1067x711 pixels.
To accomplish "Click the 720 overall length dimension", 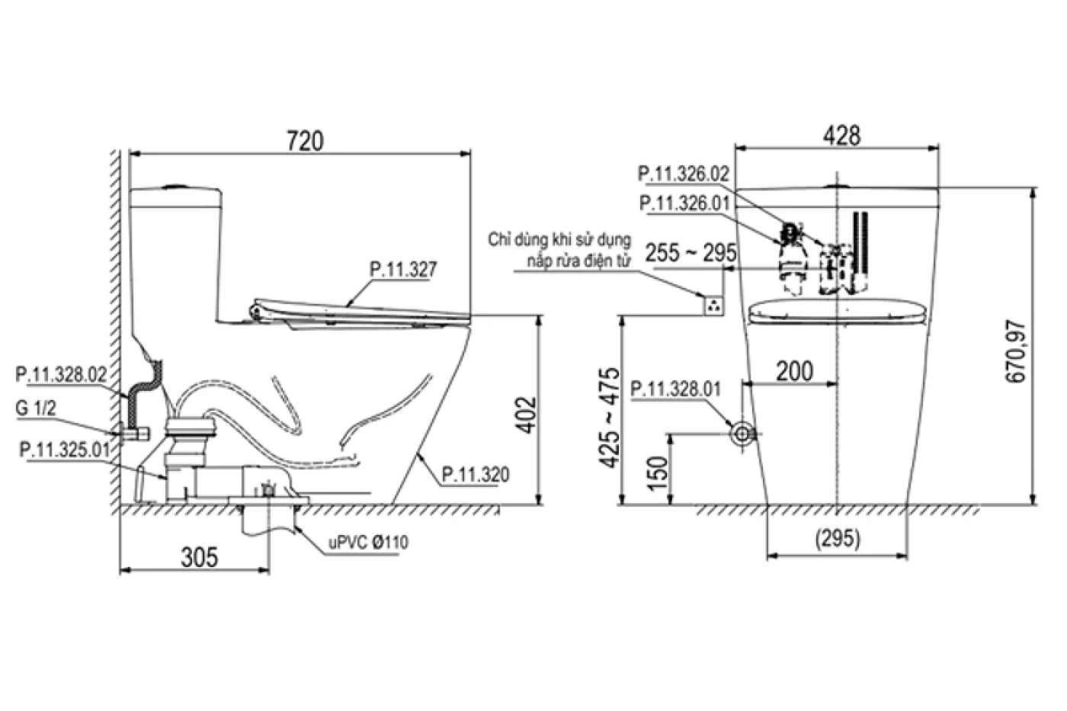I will click(305, 141).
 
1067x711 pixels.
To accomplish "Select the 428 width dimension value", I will click(841, 136).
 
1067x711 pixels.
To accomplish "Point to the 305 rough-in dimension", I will click(199, 557).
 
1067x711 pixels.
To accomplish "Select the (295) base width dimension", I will click(838, 538).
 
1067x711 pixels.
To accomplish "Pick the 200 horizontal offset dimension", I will click(794, 371).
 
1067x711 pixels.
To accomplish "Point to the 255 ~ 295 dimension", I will click(691, 254).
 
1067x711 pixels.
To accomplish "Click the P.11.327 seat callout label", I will click(403, 269).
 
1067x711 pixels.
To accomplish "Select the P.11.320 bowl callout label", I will click(476, 475).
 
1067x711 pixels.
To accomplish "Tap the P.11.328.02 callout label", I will click(61, 374).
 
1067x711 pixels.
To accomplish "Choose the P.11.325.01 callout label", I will click(64, 450).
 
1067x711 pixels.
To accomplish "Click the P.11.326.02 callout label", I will click(683, 175).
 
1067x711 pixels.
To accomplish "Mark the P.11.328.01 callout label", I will click(675, 389).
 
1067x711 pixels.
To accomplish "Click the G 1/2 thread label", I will click(36, 409).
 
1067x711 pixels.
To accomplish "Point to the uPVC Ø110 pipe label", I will click(368, 542).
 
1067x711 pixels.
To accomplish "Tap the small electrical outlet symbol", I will click(713, 305).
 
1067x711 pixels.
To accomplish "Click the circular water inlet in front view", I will click(742, 434).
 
